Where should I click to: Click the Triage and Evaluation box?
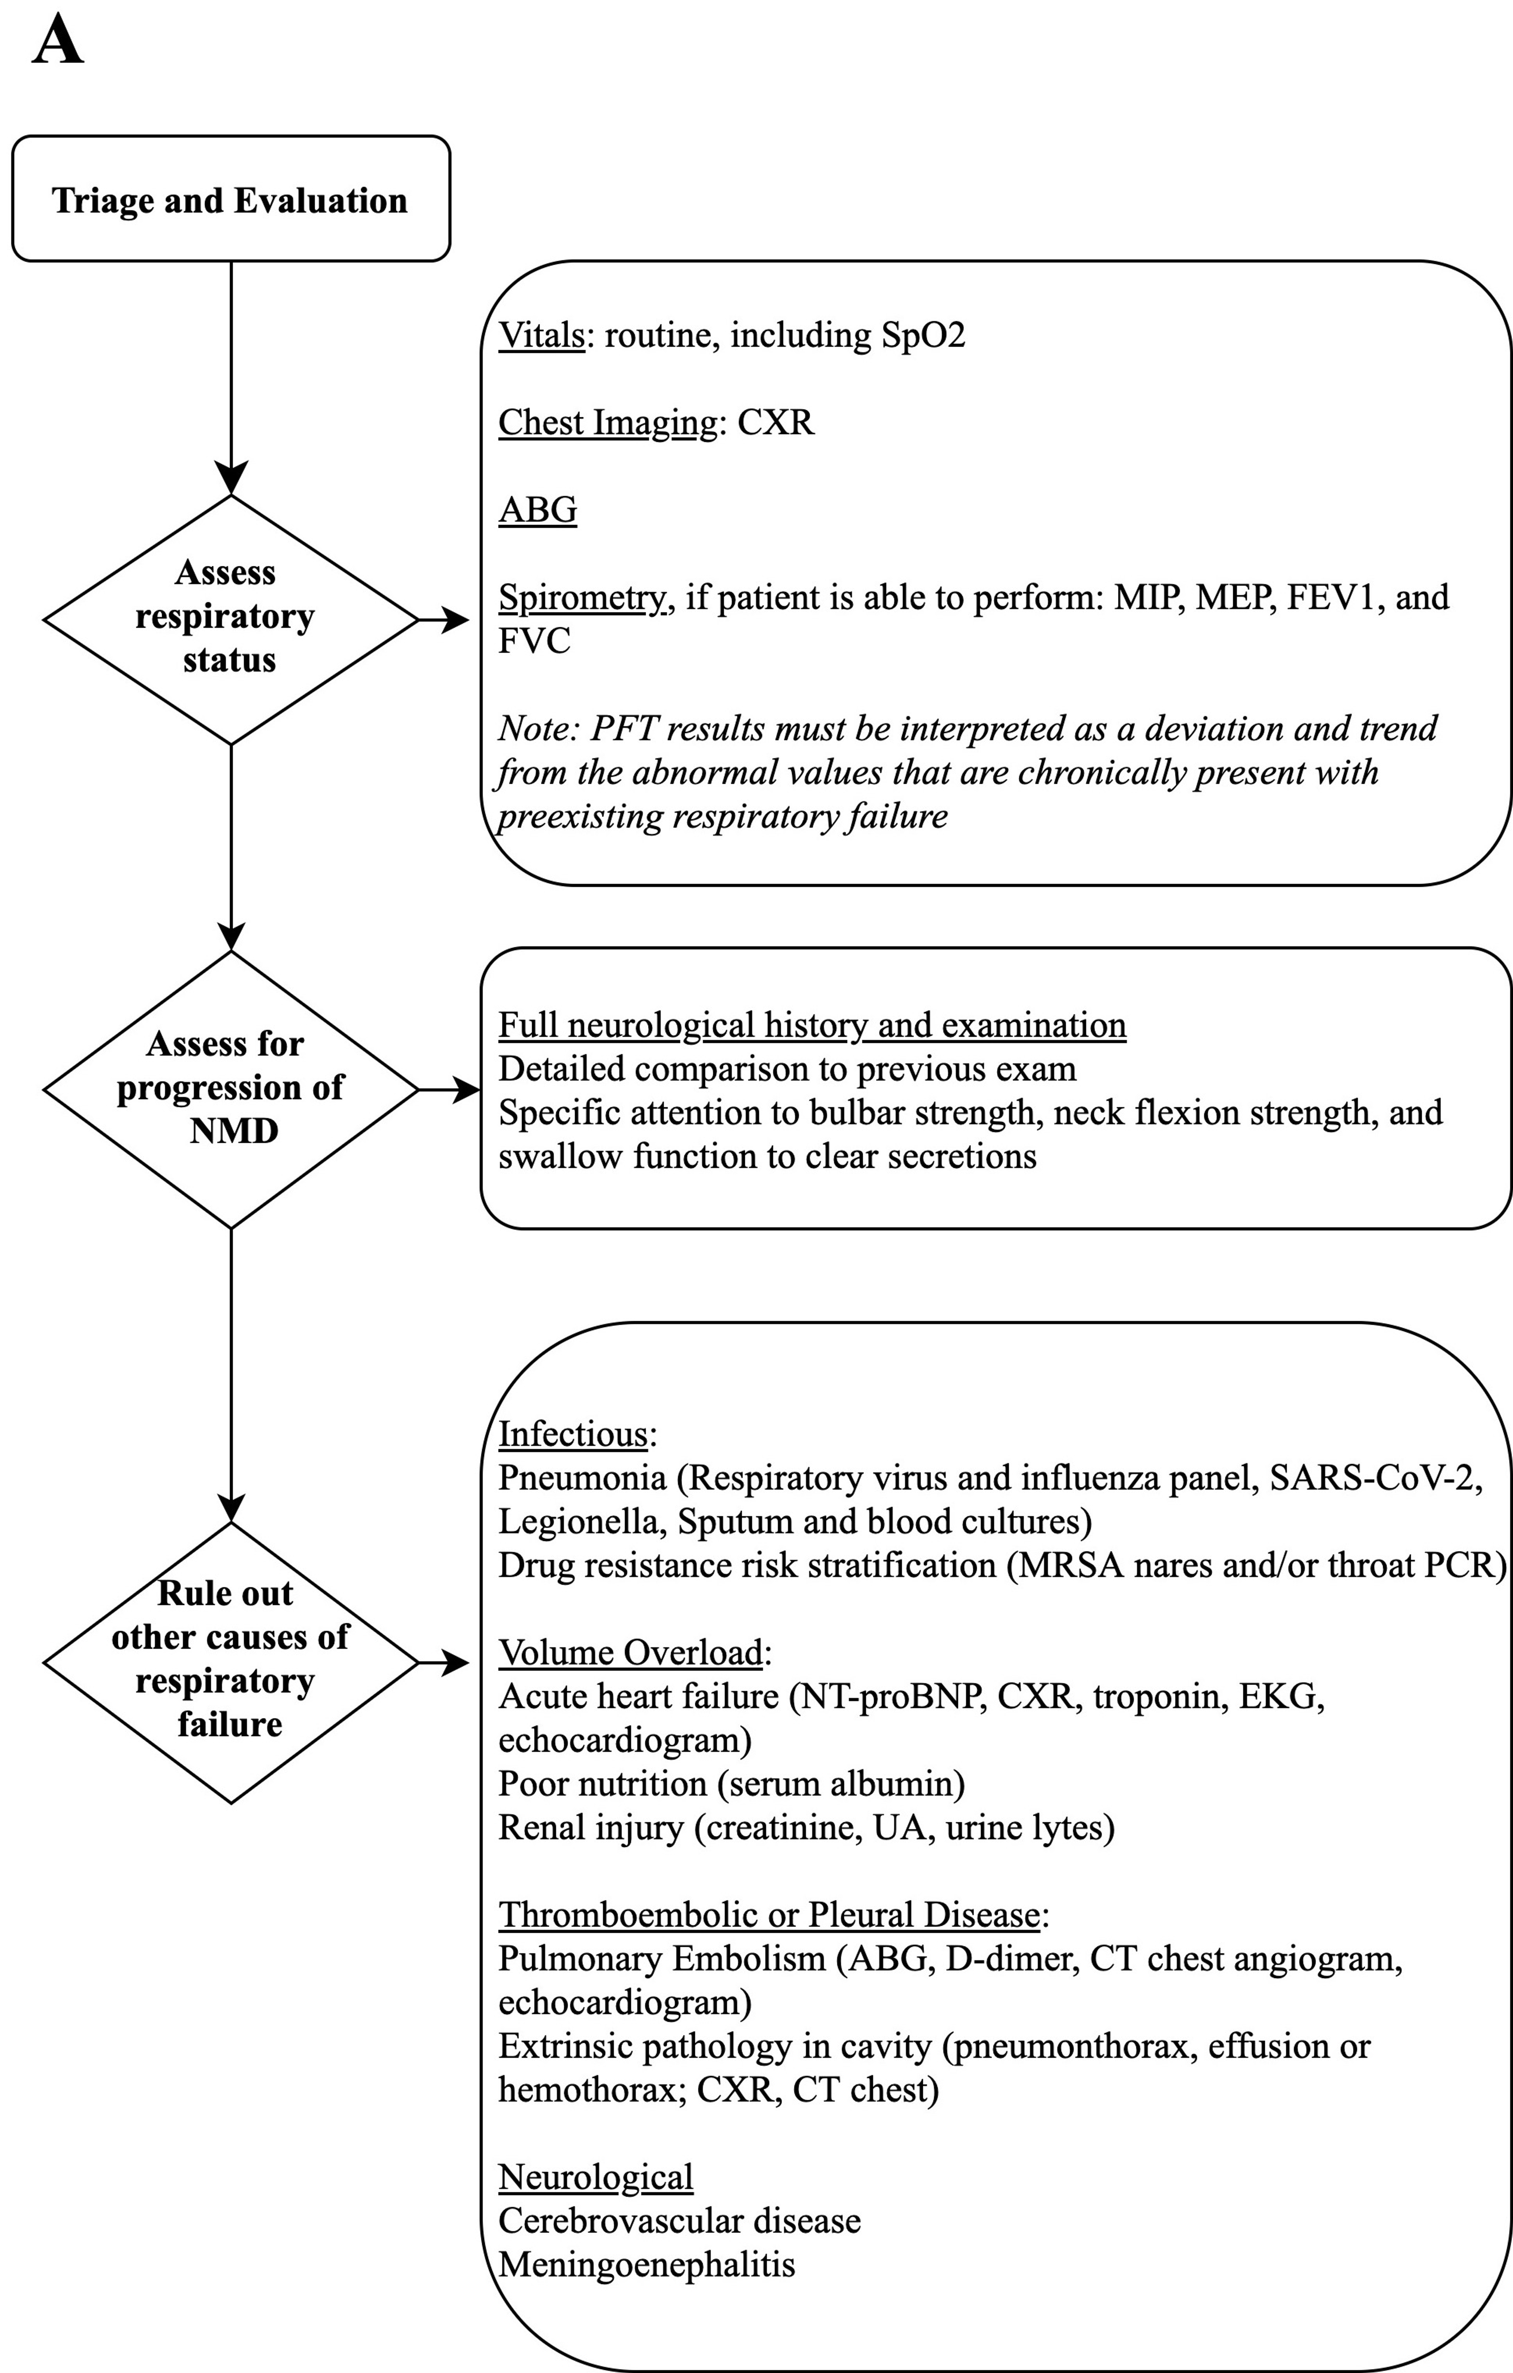tap(230, 199)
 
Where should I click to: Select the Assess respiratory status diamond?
tap(230, 619)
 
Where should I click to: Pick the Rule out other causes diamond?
tap(230, 1663)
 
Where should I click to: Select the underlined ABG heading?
tap(537, 509)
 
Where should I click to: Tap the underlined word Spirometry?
tap(581, 597)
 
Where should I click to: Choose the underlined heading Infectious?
tap(573, 1434)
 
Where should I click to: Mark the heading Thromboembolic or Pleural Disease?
tap(769, 1915)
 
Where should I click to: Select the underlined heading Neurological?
tap(595, 2177)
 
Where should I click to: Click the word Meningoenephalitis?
tap(647, 2265)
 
